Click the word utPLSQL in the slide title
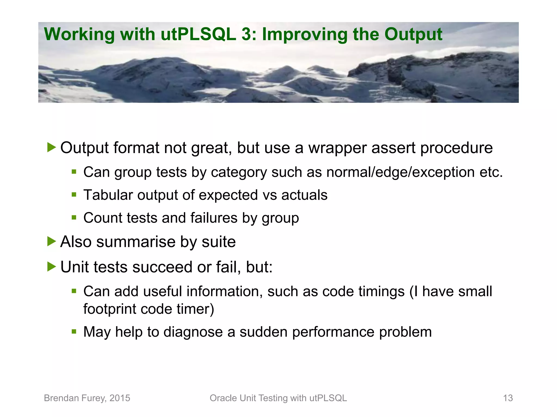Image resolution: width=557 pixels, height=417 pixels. [x=198, y=34]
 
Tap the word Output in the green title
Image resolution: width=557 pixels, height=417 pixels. [x=413, y=34]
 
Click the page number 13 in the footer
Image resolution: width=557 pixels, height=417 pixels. [x=508, y=398]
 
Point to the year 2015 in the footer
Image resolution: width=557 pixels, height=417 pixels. [x=120, y=398]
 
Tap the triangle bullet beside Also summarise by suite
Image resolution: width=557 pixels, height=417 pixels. [x=51, y=241]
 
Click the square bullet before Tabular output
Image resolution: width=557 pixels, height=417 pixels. [x=74, y=194]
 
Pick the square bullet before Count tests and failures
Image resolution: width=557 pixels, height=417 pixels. [x=74, y=217]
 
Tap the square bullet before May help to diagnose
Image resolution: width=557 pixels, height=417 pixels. [x=74, y=331]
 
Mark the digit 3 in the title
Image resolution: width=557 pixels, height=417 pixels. [x=246, y=34]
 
